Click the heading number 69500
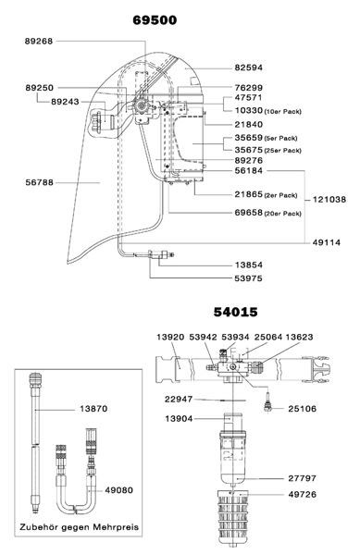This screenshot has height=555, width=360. [x=155, y=20]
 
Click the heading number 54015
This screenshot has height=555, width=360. [x=235, y=313]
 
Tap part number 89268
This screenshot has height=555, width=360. [x=39, y=42]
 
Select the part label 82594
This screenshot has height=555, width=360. [x=249, y=68]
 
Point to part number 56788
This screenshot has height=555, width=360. [x=39, y=182]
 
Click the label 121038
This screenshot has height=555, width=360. [x=329, y=200]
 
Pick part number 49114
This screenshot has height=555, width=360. [x=327, y=242]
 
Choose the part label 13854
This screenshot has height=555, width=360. [x=249, y=265]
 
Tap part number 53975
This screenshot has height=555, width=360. [x=249, y=278]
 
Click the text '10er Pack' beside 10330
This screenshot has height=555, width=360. [x=283, y=112]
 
